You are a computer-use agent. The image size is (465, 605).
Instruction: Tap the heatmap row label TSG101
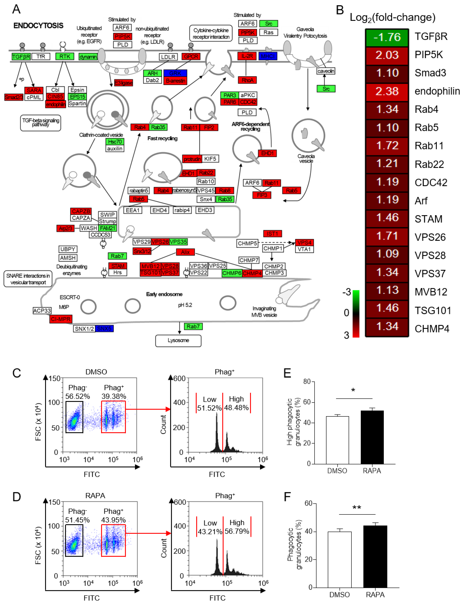click(433, 311)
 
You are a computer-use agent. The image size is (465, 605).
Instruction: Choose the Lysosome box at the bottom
click(178, 340)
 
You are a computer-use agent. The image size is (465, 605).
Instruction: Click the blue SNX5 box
click(104, 328)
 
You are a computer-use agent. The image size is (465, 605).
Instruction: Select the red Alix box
click(185, 252)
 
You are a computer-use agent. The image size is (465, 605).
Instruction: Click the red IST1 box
click(272, 234)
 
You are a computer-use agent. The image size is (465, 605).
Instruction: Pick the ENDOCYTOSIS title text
click(38, 26)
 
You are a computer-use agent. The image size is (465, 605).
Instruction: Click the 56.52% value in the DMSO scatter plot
click(77, 396)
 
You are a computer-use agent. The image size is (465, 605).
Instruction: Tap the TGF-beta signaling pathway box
click(40, 123)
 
